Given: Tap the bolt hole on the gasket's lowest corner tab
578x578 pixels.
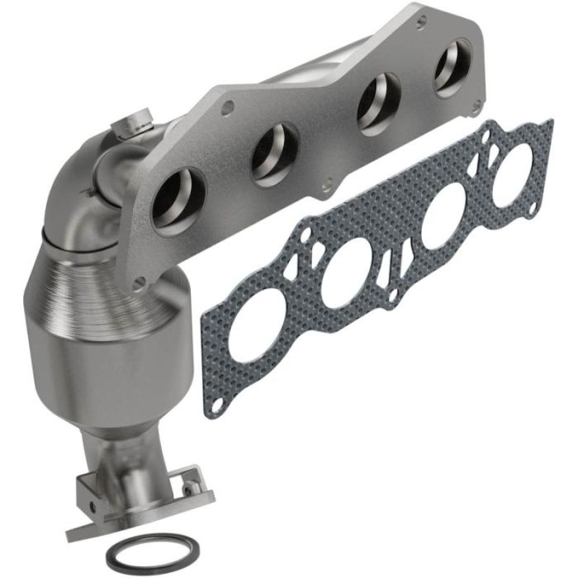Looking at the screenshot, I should point(216,407).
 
